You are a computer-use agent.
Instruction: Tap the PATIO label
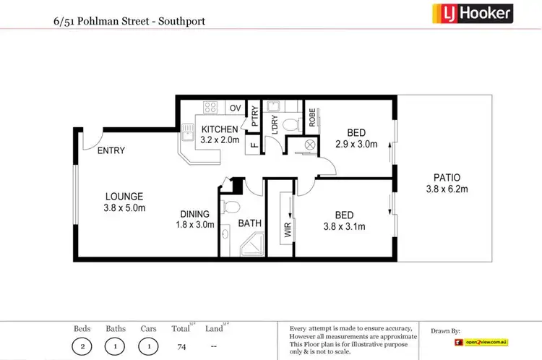click(447, 177)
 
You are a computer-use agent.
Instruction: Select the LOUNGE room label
click(124, 196)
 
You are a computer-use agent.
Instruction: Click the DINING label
click(195, 214)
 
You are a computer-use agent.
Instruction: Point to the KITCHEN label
click(219, 110)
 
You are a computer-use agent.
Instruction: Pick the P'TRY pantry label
click(254, 116)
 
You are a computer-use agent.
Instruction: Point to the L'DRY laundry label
click(275, 123)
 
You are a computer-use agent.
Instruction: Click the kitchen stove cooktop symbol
click(210, 108)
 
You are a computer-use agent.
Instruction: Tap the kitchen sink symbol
click(188, 134)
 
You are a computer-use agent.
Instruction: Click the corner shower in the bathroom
click(250, 249)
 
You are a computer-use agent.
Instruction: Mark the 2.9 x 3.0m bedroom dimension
click(356, 145)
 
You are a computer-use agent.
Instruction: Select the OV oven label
click(235, 108)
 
